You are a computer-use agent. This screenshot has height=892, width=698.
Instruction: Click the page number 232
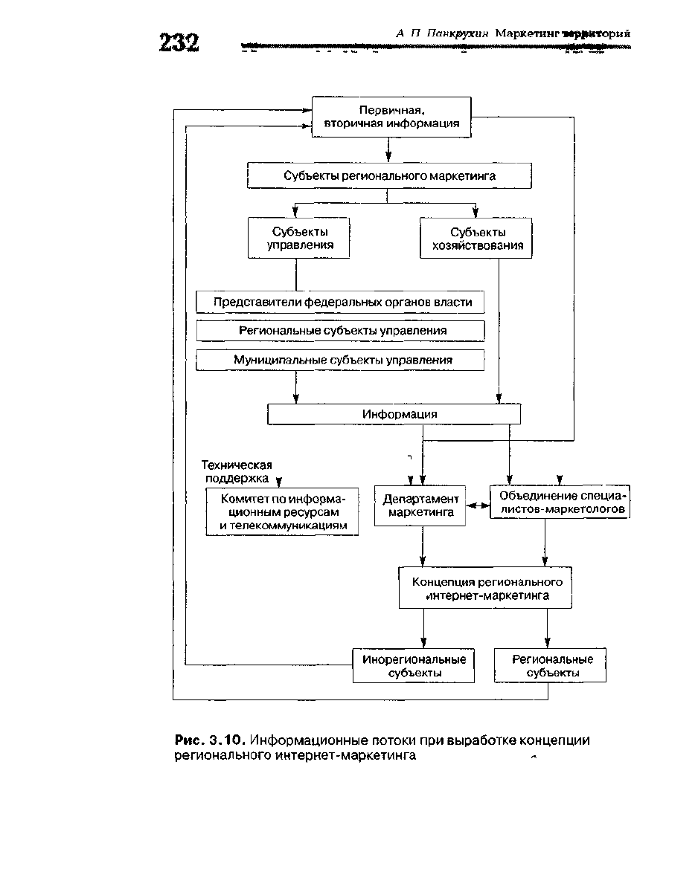click(x=179, y=42)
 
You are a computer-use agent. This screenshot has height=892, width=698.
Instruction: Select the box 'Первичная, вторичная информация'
click(x=391, y=117)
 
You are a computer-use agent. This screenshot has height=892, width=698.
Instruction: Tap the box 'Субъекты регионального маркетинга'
click(x=389, y=175)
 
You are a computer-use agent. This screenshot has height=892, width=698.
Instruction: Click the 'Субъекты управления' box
click(x=299, y=238)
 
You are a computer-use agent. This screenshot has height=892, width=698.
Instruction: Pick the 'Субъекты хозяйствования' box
click(x=476, y=238)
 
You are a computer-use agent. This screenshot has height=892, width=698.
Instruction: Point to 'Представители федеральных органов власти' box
click(x=340, y=302)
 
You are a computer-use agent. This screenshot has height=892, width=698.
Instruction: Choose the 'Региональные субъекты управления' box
click(x=341, y=331)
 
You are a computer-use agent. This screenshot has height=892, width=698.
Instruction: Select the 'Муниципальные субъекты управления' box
click(x=340, y=360)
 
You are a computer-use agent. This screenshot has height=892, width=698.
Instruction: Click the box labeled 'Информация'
click(x=394, y=414)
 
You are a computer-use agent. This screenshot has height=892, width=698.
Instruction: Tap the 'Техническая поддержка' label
click(x=237, y=472)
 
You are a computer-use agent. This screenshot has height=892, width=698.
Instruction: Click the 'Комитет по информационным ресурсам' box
click(x=282, y=512)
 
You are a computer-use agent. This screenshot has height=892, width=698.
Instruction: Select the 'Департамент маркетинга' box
click(x=420, y=505)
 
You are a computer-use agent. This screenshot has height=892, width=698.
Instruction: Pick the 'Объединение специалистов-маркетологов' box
click(x=560, y=502)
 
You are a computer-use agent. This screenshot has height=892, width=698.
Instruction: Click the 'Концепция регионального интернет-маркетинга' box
click(x=485, y=588)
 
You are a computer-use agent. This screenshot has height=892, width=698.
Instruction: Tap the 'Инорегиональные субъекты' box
click(x=414, y=665)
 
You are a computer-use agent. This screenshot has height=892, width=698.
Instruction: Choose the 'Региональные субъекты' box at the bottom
click(x=550, y=665)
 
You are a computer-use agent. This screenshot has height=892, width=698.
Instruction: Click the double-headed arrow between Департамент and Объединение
click(x=478, y=505)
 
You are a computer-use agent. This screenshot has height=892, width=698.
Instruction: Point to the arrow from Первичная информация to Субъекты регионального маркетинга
click(x=388, y=150)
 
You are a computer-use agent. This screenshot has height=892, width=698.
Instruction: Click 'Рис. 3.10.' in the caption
click(x=211, y=740)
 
